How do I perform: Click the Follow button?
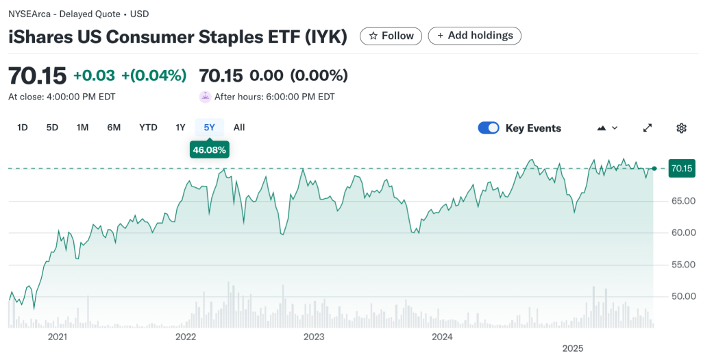(391, 36)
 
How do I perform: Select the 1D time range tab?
(23, 128)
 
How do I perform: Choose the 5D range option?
(52, 128)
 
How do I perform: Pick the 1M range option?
(82, 128)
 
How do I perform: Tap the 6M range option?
(114, 128)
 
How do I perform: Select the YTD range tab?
(148, 128)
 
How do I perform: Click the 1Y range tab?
(180, 128)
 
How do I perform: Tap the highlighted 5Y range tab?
(209, 128)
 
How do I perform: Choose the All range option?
(238, 128)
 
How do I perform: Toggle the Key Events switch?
(489, 128)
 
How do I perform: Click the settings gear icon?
(681, 128)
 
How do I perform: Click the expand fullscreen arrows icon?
(648, 128)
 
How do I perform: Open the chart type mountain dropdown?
(607, 128)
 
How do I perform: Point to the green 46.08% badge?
(209, 149)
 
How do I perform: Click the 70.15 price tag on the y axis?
(682, 168)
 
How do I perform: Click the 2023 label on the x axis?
(314, 337)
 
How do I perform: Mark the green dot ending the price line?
(654, 168)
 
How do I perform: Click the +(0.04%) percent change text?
(153, 75)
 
